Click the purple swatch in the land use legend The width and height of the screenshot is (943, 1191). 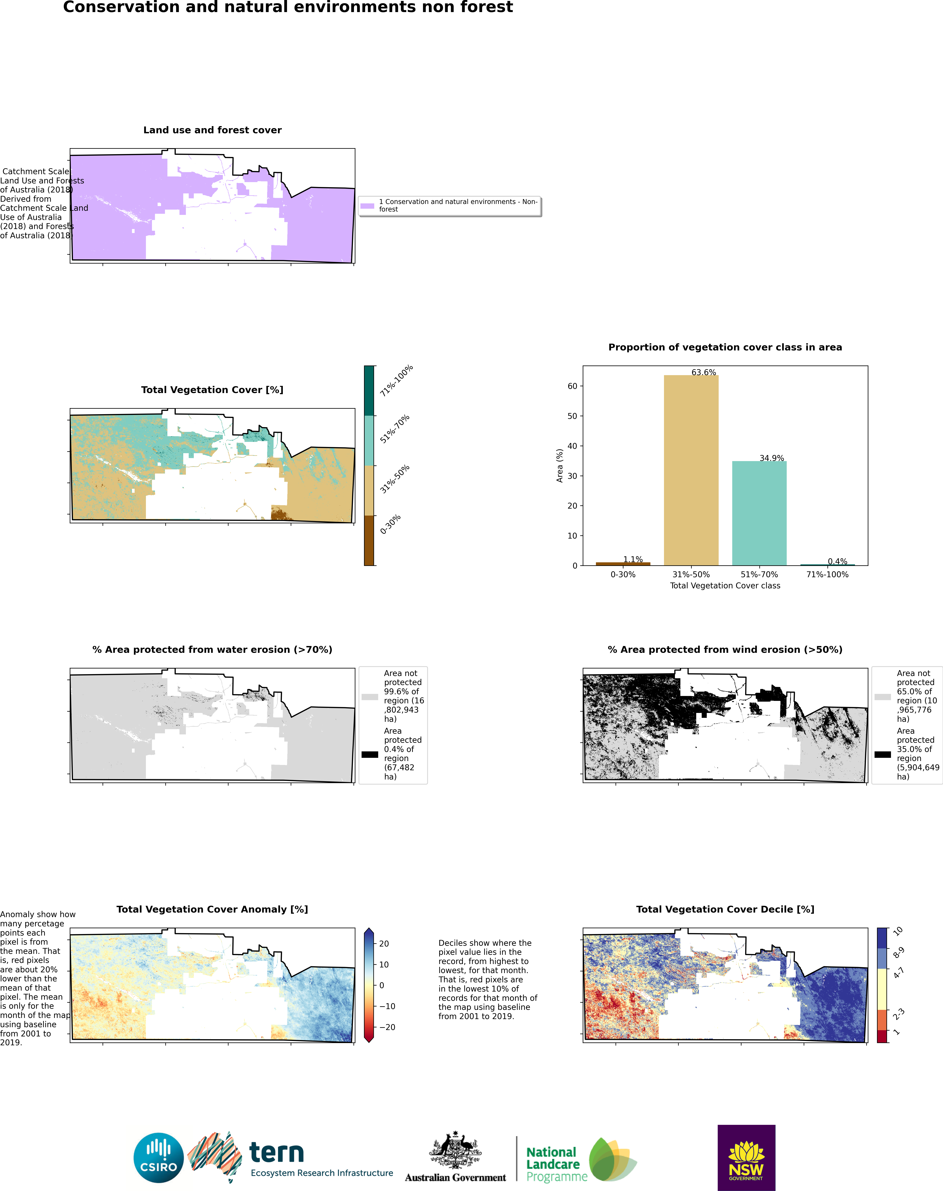(367, 206)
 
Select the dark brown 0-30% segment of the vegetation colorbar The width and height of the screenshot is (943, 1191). (369, 540)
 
